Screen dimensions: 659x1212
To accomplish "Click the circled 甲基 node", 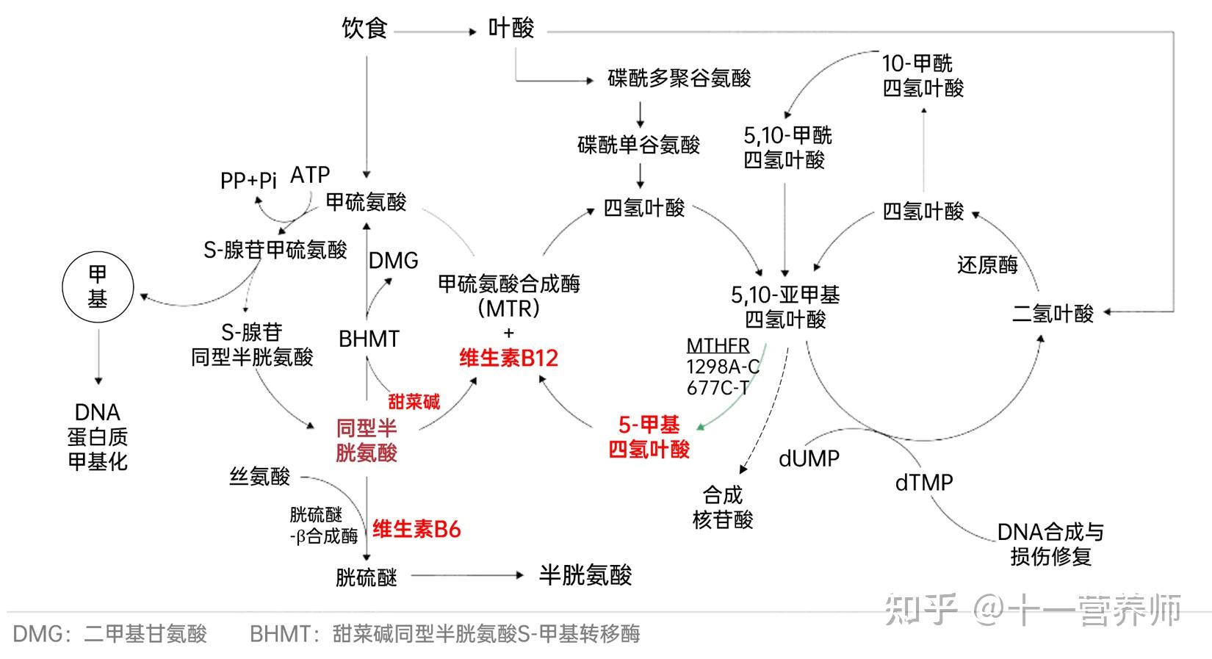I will point(98,287).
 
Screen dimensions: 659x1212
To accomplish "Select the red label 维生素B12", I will point(508,359).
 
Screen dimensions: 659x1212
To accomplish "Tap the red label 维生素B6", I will point(416,529).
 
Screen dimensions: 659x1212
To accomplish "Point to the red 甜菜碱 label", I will point(414,401).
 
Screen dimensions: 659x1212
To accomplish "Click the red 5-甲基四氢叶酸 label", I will point(649,437).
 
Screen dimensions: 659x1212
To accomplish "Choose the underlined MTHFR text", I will point(718,345).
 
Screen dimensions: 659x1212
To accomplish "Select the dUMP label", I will point(809,458).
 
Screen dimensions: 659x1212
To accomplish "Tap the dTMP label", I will point(924,483).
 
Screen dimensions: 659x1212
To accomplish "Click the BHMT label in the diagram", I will point(369,339).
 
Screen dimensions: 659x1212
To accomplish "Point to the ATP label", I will point(310,175).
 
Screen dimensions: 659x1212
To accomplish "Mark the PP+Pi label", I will point(248,181).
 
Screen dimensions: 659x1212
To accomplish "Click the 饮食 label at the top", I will point(364,29).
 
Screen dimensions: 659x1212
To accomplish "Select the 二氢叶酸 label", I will point(1053,314).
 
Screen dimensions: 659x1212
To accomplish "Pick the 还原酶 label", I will point(987,264).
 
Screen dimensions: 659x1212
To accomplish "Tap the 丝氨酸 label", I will point(260,477).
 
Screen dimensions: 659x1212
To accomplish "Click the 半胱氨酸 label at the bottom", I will point(585,575).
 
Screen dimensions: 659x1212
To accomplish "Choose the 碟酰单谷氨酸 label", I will point(639,145).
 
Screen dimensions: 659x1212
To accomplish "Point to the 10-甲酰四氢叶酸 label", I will point(923,76).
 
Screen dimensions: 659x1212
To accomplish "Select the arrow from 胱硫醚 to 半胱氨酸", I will point(467,576).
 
